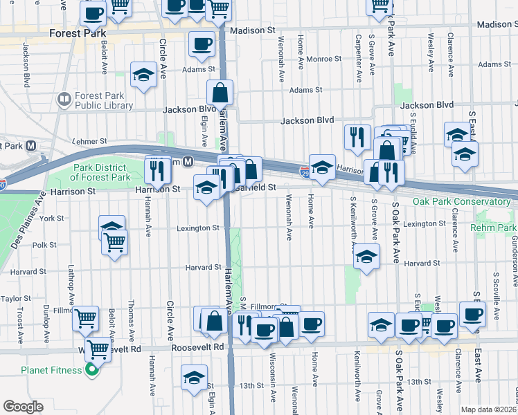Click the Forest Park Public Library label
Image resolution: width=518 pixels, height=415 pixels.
click(x=104, y=100)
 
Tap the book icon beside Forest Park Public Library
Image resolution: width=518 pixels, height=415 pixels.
click(x=64, y=100)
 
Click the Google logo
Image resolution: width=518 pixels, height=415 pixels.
click(x=23, y=407)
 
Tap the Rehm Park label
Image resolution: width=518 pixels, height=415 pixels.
click(x=494, y=228)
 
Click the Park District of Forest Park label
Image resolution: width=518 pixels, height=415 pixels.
click(x=102, y=172)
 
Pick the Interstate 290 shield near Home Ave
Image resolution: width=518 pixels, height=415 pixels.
click(x=305, y=170)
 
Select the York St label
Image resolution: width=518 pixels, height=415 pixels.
click(x=52, y=218)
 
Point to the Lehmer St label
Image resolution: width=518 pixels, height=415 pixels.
click(x=89, y=141)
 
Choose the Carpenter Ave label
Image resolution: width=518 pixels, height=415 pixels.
click(x=358, y=52)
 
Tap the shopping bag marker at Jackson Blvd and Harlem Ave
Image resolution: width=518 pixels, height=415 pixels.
click(x=220, y=93)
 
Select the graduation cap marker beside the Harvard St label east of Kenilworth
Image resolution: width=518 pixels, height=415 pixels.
click(x=366, y=257)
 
